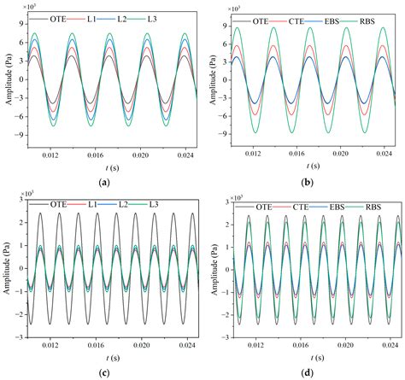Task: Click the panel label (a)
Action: point(103,182)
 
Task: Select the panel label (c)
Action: point(103,371)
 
